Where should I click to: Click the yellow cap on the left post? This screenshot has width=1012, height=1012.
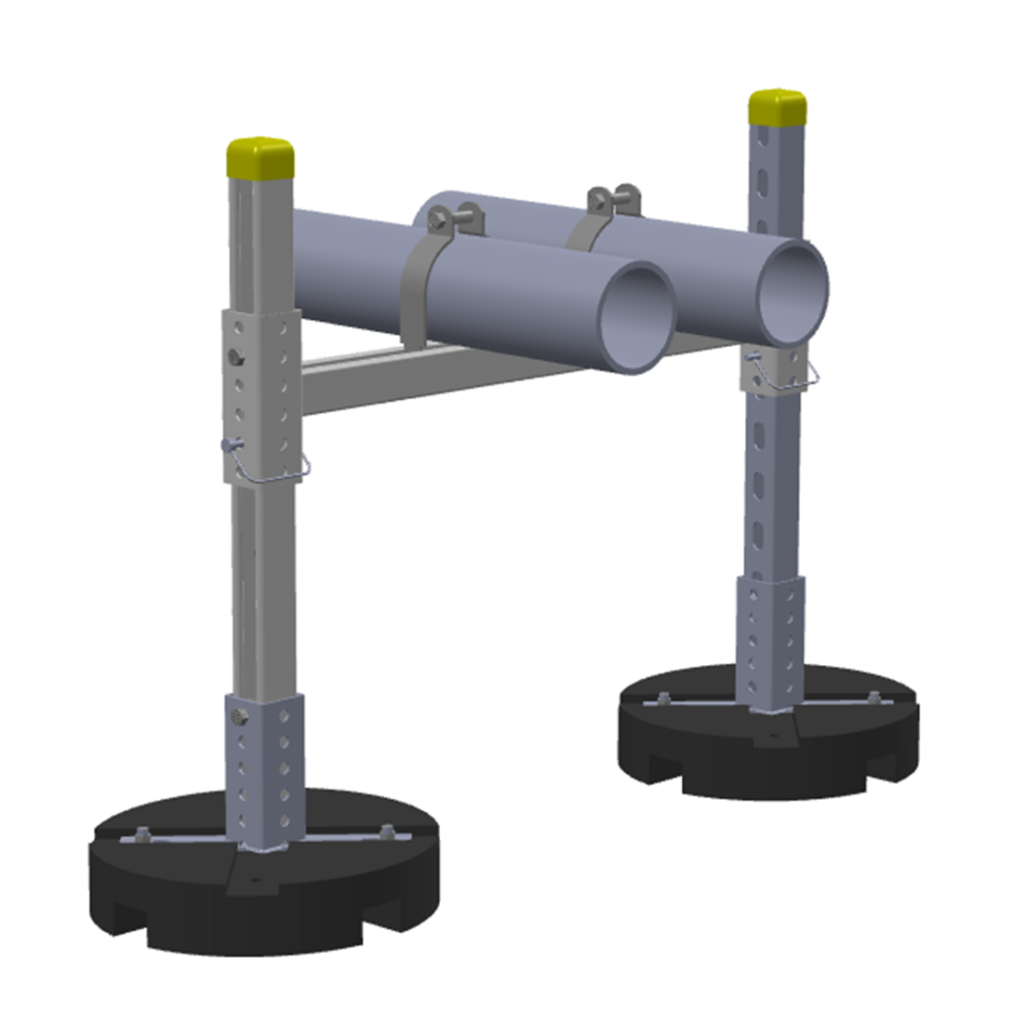[x=260, y=156]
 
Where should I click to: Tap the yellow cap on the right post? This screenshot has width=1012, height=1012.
[x=777, y=107]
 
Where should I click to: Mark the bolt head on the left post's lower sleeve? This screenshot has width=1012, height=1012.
[x=236, y=714]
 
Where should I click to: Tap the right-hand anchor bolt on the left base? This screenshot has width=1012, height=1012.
[x=386, y=830]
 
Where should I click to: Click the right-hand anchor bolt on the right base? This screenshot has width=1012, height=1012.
[x=874, y=697]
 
